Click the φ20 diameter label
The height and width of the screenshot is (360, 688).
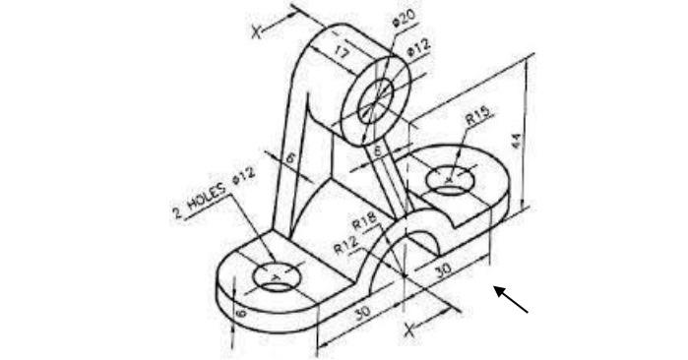[x=403, y=20]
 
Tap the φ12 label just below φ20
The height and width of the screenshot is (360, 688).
[x=419, y=46]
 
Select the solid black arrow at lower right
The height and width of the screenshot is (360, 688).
[x=512, y=299]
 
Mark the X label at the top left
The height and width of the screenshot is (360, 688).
[x=259, y=30]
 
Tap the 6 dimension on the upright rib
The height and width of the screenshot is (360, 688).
[x=290, y=157]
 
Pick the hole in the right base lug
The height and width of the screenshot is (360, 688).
[x=449, y=179]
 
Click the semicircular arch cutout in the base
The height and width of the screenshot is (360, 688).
[x=419, y=240]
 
